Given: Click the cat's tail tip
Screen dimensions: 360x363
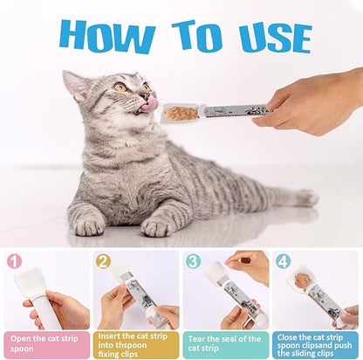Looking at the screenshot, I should point(307,198).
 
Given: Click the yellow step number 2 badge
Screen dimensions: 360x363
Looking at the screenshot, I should point(102,261).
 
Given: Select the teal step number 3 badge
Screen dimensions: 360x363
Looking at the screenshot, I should point(193,261).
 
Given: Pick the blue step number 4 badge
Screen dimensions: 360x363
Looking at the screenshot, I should point(282,261).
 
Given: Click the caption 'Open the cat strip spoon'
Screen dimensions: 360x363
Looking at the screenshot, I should point(45,342).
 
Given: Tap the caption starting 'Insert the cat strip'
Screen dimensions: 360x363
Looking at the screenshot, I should point(136,342).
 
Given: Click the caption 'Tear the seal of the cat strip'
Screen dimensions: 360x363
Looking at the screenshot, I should point(226,342).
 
